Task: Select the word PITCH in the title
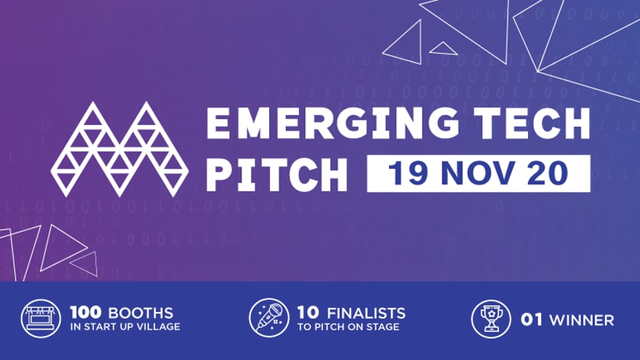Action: [276, 173]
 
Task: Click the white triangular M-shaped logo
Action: [119, 148]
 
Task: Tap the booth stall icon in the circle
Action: [41, 319]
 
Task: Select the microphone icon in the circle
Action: [268, 319]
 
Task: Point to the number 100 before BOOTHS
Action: [84, 313]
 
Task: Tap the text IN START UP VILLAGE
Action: [125, 327]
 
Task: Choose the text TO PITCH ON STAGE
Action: [348, 327]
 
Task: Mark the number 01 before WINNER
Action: [531, 320]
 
